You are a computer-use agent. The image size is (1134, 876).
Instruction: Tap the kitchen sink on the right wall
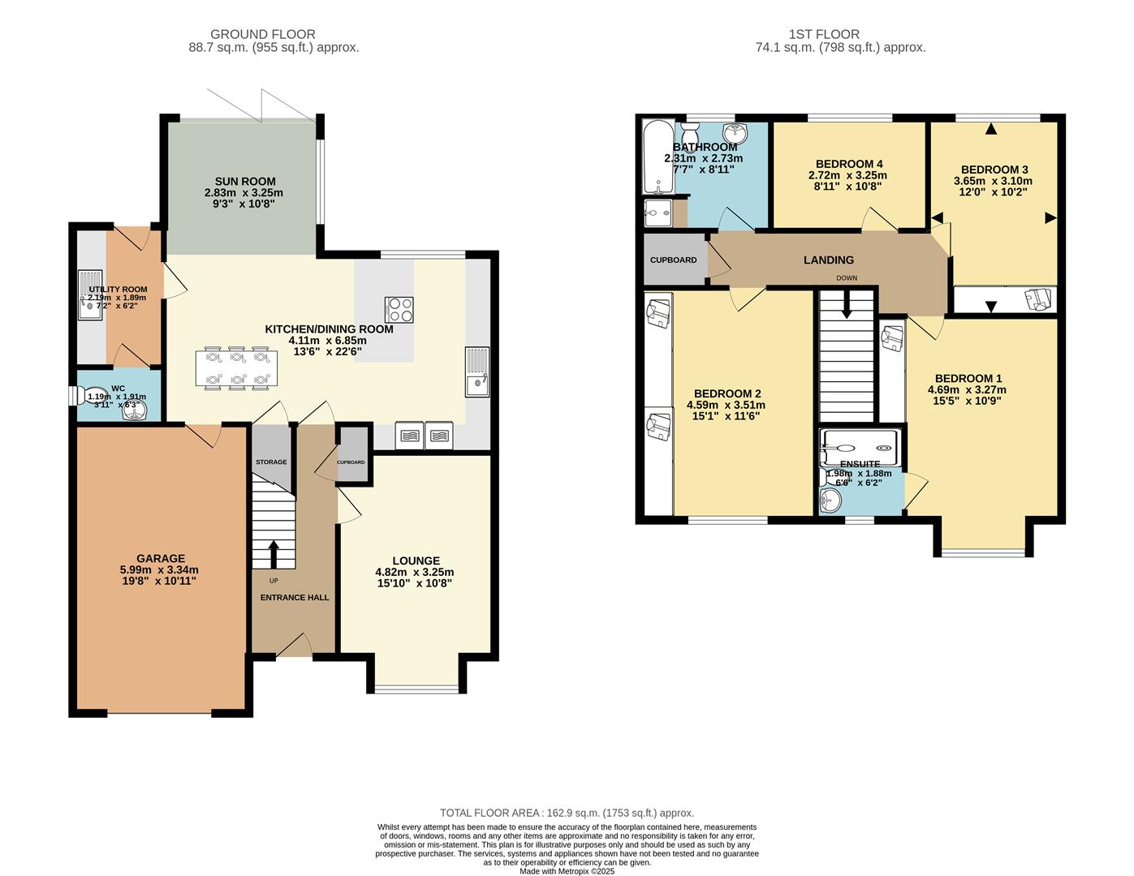pyautogui.click(x=477, y=371)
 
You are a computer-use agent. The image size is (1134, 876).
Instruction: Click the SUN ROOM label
pyautogui.click(x=244, y=182)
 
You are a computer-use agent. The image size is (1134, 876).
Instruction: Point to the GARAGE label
pyautogui.click(x=161, y=559)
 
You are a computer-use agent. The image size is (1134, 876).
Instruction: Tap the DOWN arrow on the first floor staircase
pyautogui.click(x=847, y=304)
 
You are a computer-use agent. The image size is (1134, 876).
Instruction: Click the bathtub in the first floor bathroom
pyautogui.click(x=655, y=157)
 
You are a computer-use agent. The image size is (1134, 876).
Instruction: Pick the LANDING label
pyautogui.click(x=828, y=260)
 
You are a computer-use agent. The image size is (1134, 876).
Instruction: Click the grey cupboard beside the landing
pyautogui.click(x=674, y=260)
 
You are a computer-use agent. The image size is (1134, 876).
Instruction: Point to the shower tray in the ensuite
pyautogui.click(x=860, y=447)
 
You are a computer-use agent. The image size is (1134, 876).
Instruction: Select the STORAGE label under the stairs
pyautogui.click(x=271, y=462)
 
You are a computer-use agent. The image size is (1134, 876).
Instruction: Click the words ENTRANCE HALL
pyautogui.click(x=294, y=598)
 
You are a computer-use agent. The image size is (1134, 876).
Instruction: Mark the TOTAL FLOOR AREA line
pyautogui.click(x=567, y=813)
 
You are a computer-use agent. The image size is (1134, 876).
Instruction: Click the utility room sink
pyautogui.click(x=89, y=296)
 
